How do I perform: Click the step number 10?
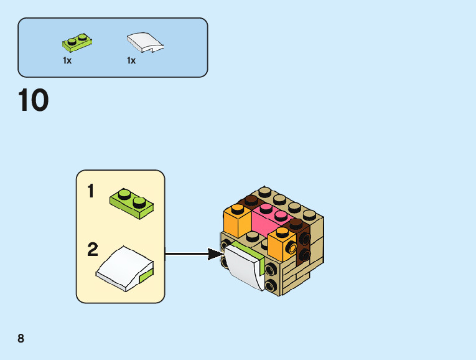(33, 101)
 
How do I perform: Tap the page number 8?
(21, 338)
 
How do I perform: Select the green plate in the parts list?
(77, 43)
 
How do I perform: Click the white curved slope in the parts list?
(145, 42)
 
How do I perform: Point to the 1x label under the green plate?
(67, 61)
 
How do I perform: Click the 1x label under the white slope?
(131, 61)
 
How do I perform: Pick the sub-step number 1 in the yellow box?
(91, 191)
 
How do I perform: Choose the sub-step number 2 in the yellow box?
(93, 250)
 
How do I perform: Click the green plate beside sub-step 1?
(132, 204)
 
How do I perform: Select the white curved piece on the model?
(245, 268)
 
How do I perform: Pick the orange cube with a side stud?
(281, 245)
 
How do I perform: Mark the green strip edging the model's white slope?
(248, 252)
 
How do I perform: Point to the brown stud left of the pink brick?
(251, 200)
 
